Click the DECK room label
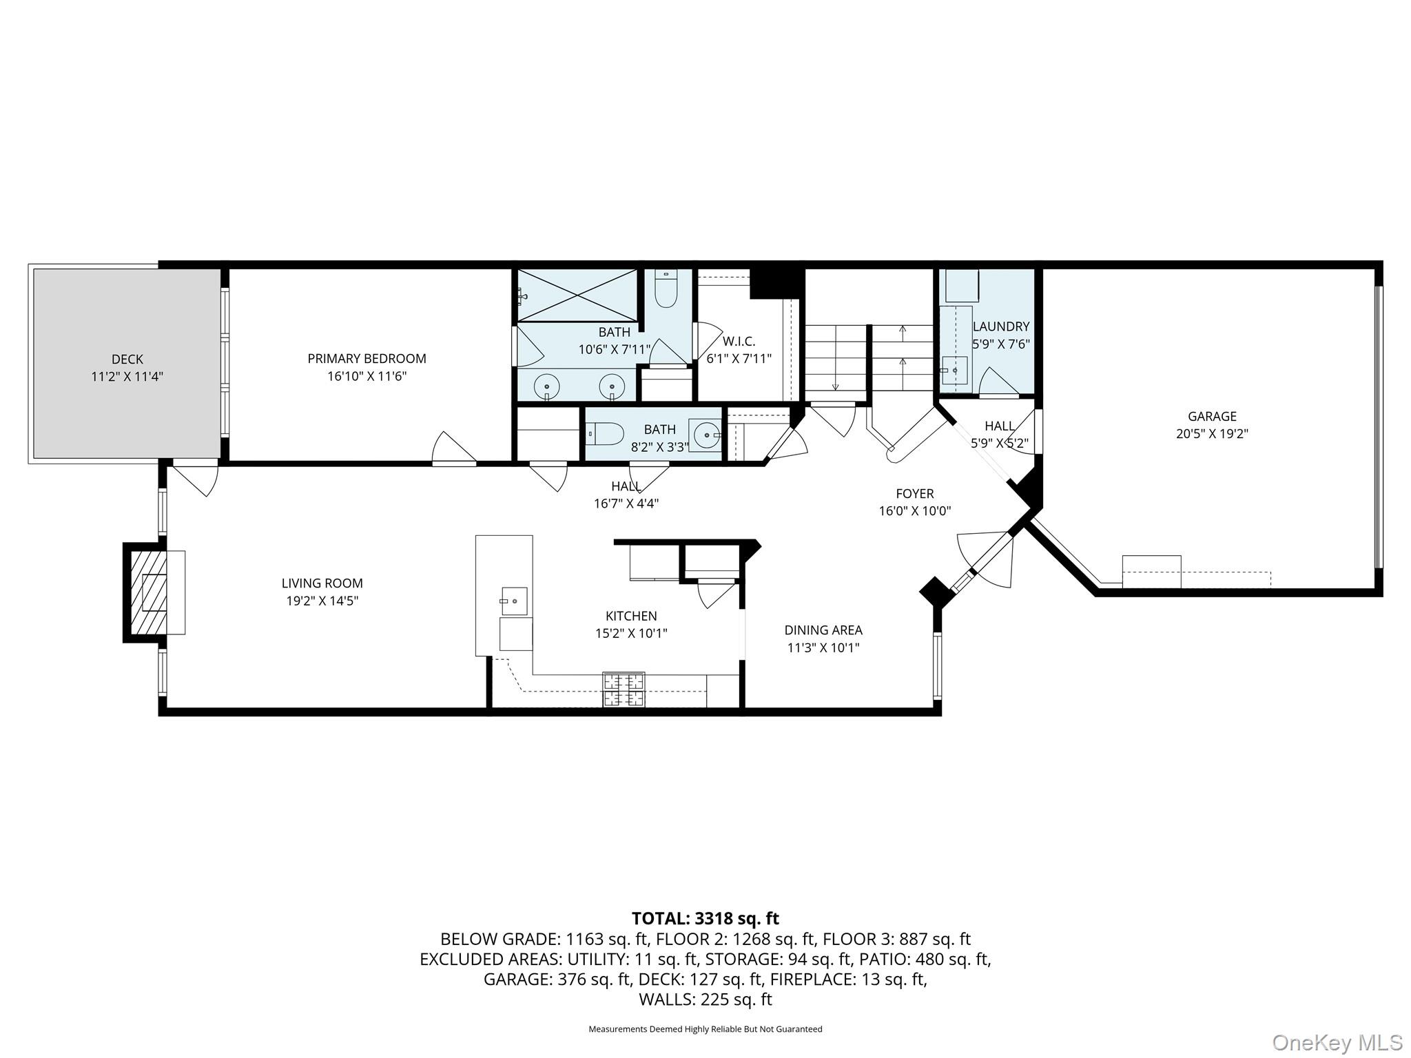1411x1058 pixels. click(127, 359)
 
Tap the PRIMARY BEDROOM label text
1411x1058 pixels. click(367, 358)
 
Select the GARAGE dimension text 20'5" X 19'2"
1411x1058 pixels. click(1212, 434)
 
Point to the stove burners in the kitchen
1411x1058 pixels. click(624, 689)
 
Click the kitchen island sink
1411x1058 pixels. click(513, 601)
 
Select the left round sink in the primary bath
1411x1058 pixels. click(547, 386)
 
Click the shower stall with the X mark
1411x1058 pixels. click(577, 295)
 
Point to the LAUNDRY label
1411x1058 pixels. click(1000, 326)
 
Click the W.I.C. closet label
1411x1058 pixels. click(739, 341)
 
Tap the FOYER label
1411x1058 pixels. click(914, 493)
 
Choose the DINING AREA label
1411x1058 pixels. click(823, 630)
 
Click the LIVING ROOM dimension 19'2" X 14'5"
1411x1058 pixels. click(322, 601)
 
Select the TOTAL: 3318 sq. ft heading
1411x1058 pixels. click(705, 918)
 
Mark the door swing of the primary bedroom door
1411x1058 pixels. click(453, 448)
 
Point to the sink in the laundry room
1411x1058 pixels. click(955, 371)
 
